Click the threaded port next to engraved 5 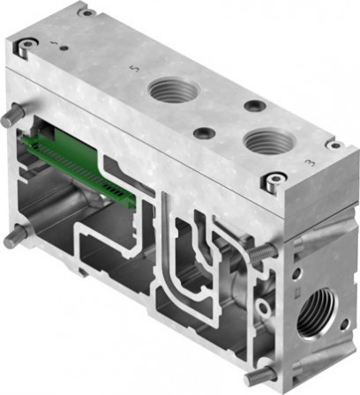[169, 88]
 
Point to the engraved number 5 [132, 67]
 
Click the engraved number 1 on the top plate [54, 42]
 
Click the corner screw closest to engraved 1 [30, 45]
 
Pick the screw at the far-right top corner [334, 144]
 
